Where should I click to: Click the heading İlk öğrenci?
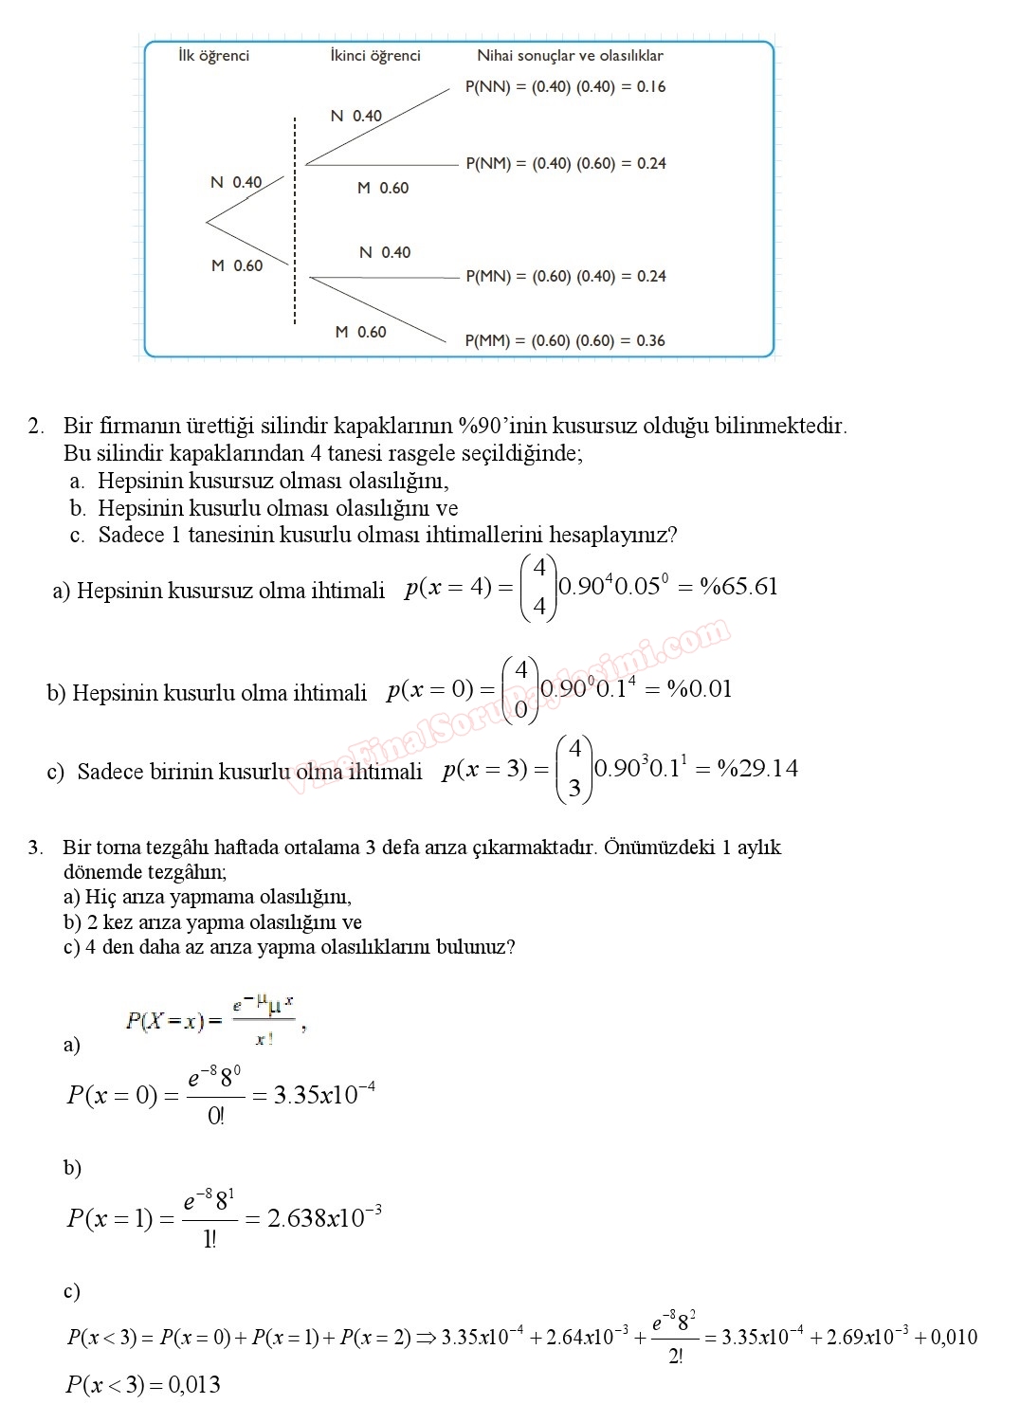point(213,56)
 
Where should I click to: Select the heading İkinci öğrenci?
point(375,56)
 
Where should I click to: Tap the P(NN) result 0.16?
point(651,87)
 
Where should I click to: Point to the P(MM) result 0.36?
point(650,341)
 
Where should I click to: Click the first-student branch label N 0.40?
point(236,182)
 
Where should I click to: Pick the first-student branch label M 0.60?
point(237,266)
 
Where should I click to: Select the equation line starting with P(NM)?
point(566,164)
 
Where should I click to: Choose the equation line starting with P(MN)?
point(566,277)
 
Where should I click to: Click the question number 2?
point(35,427)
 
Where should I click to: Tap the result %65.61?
point(738,587)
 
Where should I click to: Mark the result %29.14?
point(757,769)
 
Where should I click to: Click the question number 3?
point(35,848)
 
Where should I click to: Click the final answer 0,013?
point(194,1385)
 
